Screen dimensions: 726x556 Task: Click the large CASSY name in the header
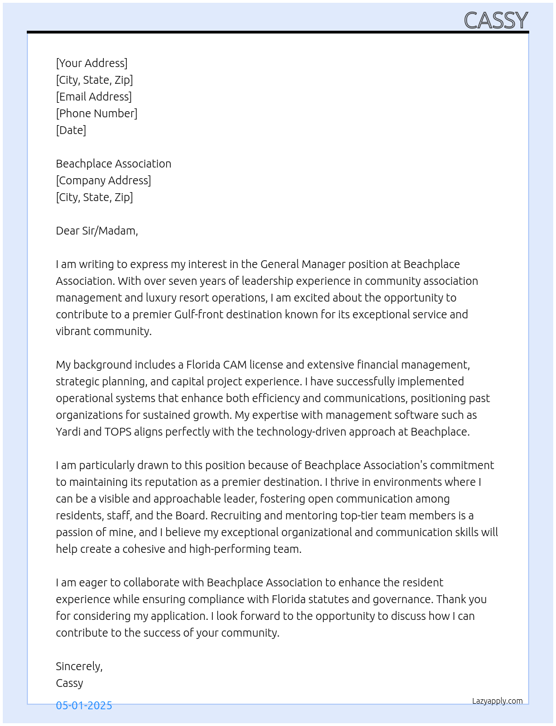point(496,21)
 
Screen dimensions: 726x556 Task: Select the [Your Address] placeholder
point(92,63)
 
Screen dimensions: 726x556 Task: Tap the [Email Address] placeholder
point(94,97)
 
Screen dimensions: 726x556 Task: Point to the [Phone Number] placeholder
point(97,113)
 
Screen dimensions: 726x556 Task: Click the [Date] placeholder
point(71,130)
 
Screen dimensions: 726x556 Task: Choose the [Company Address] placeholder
point(103,180)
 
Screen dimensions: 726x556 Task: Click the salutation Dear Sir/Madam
point(97,231)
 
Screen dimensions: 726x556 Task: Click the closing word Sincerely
point(79,666)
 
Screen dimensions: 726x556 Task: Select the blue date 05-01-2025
point(84,705)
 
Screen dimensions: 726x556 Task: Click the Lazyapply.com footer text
point(497,701)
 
